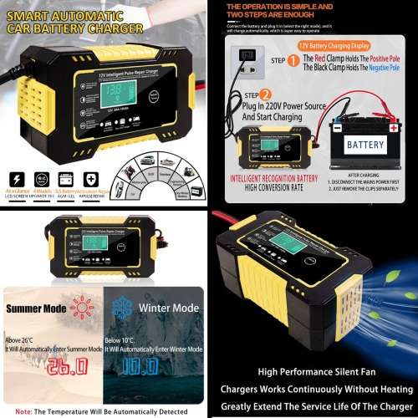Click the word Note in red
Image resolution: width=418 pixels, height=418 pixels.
(x=24, y=410)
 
